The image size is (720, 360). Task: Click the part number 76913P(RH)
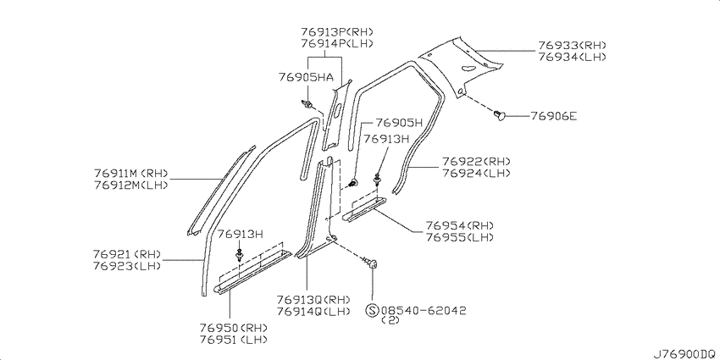(337, 31)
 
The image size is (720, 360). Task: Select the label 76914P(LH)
(337, 43)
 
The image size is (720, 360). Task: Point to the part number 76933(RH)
(573, 46)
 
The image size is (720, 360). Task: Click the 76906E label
(554, 116)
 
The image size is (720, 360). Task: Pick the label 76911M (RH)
(131, 174)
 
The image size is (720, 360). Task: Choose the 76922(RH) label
(476, 162)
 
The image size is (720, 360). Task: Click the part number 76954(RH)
(460, 225)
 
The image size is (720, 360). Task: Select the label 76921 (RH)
(127, 254)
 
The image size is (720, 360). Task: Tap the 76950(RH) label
(234, 328)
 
